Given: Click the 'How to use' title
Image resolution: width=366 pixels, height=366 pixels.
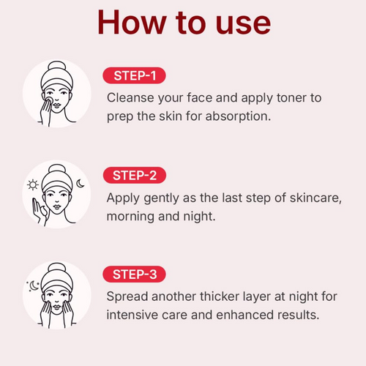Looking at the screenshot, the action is click(x=184, y=23).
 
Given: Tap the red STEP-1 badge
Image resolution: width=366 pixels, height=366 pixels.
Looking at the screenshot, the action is click(x=134, y=75).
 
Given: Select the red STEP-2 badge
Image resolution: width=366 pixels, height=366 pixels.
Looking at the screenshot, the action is click(x=135, y=175).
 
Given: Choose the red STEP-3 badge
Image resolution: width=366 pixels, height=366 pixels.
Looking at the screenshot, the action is click(x=134, y=274).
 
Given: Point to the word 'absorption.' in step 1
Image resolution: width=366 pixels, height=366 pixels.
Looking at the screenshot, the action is click(x=238, y=116).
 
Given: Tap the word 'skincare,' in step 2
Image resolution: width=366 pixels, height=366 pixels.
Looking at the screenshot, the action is click(x=315, y=198).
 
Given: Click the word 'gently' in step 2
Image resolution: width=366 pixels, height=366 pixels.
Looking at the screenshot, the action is click(x=162, y=198).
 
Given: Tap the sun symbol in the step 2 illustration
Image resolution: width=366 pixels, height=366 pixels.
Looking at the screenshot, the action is click(x=33, y=184).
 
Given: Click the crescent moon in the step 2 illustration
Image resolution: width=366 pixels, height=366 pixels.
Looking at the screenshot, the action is click(x=81, y=184).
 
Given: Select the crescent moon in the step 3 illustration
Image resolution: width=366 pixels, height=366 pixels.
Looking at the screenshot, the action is click(x=34, y=286).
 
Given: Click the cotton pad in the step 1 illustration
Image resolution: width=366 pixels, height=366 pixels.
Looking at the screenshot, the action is click(x=49, y=100).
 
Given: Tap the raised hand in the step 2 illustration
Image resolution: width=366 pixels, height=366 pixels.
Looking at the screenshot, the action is click(x=39, y=211).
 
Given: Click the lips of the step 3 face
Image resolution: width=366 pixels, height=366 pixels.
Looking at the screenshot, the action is click(x=56, y=307).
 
